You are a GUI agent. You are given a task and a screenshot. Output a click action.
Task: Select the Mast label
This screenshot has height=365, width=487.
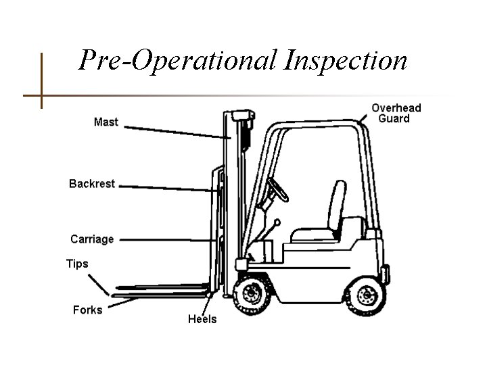(x=106, y=122)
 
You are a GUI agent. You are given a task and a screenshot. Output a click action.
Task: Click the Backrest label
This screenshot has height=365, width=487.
(x=92, y=183)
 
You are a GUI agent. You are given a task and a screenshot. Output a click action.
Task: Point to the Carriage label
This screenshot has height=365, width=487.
(x=92, y=239)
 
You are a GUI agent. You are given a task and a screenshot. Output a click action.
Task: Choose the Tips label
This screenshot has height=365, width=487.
(x=76, y=264)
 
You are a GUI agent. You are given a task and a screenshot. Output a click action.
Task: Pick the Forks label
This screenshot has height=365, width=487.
(x=87, y=310)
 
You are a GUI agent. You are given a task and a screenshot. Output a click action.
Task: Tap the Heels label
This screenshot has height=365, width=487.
(x=202, y=319)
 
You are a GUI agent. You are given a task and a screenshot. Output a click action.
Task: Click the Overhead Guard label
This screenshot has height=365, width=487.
(x=396, y=113)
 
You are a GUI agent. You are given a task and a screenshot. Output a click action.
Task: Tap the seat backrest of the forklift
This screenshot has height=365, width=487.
(x=338, y=203)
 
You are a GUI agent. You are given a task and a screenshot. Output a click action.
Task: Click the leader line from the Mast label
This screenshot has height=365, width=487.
(x=176, y=132)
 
